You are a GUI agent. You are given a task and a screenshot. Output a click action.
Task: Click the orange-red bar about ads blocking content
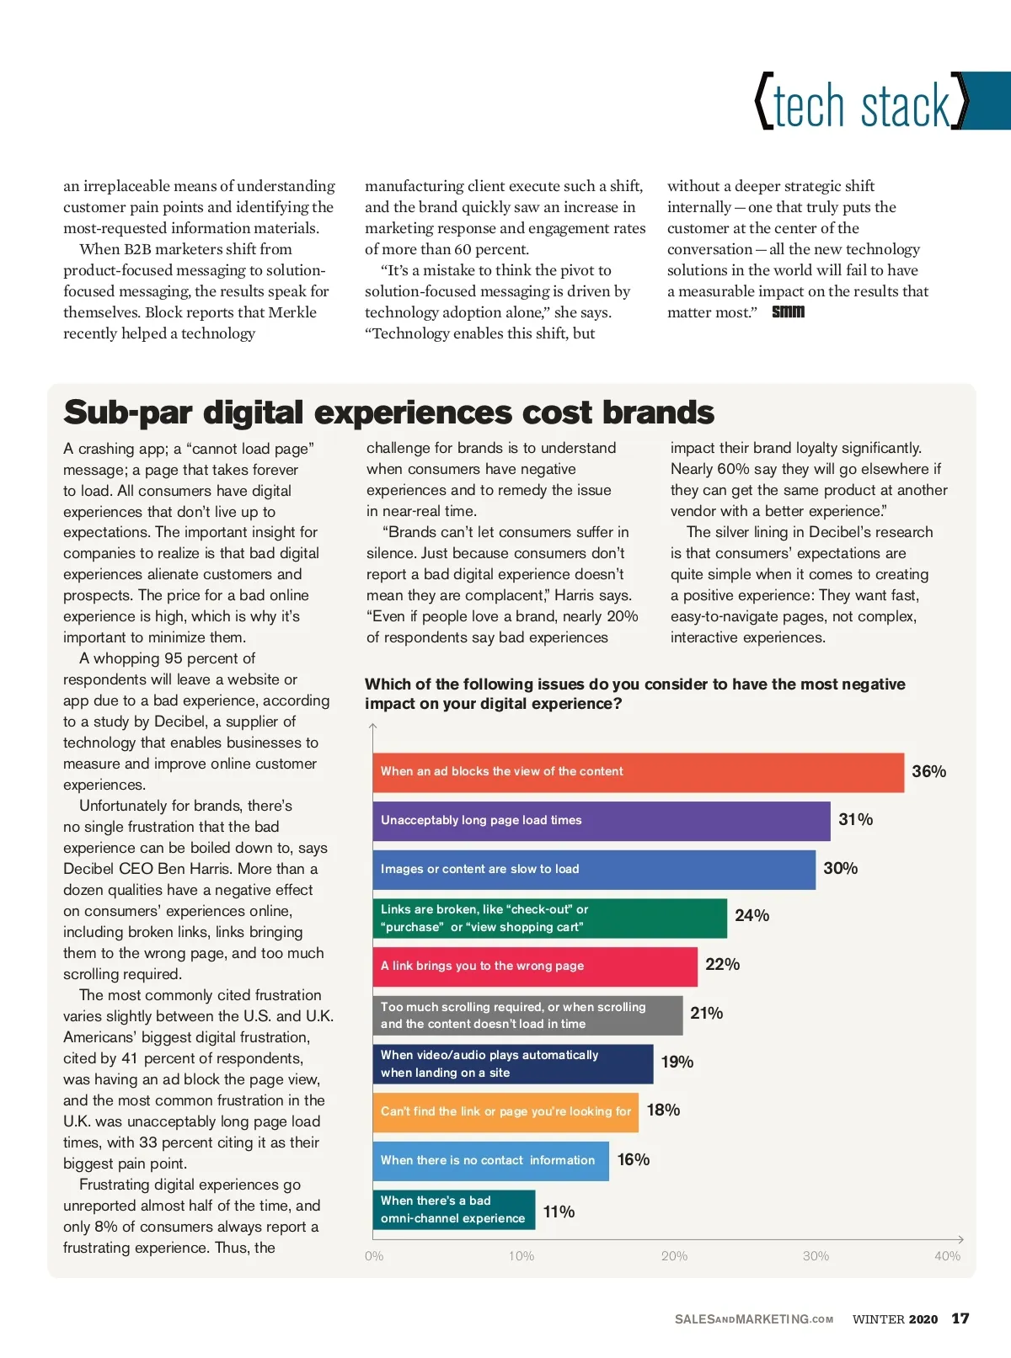point(638,772)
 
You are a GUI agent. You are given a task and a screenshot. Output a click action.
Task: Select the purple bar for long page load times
point(601,821)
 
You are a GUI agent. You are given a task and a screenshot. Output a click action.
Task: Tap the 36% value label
point(928,772)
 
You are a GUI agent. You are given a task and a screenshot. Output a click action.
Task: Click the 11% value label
point(559,1212)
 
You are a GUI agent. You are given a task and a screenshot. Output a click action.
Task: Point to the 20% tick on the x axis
point(674,1256)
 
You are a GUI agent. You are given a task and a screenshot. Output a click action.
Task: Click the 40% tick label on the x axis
point(947,1256)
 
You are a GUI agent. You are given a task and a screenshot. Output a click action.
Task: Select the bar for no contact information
point(490,1161)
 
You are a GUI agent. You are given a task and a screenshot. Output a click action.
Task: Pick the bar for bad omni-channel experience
point(453,1210)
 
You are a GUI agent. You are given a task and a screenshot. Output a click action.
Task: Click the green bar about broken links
point(549,919)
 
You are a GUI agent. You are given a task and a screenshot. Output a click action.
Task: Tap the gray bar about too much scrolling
point(527,1015)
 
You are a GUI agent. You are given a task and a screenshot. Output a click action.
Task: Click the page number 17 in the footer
point(960,1318)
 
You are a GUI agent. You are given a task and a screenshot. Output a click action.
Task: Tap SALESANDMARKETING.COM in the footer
point(753,1319)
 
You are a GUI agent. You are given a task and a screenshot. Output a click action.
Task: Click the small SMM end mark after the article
point(788,312)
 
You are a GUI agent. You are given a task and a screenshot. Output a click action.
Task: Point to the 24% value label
point(752,916)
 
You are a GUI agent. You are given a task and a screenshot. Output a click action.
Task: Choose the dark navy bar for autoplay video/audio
point(512,1064)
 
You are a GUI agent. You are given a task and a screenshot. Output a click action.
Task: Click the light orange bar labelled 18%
point(505,1112)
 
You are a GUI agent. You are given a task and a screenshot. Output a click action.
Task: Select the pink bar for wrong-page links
point(535,967)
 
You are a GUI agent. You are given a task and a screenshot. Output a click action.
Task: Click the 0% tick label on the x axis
point(374,1256)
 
